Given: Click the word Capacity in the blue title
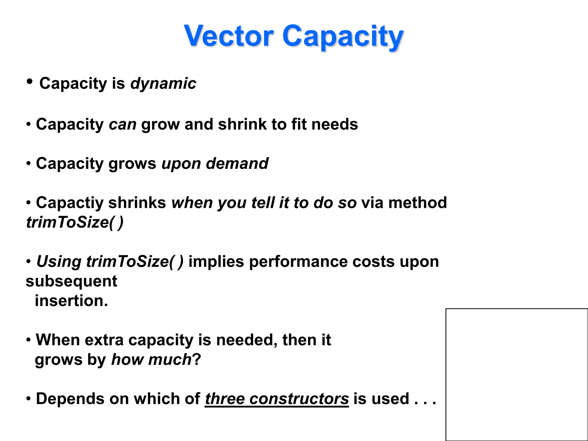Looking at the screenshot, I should pos(343,37).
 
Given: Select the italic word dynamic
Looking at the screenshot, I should pos(163,84).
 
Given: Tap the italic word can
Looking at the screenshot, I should pos(123,125).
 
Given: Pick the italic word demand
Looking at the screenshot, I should pos(237,164).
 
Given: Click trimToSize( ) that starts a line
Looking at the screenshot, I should pos(75,222).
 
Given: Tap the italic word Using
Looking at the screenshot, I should pos(59,262).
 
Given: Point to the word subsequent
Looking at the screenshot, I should pos(71,281).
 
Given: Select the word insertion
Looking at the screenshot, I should pos(71,301).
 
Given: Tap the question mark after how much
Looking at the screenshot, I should pos(197,359).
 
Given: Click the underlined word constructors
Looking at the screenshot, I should pos(299,399).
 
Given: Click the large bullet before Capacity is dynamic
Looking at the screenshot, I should pos(29,82).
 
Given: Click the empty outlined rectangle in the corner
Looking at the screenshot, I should pos(517,374).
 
